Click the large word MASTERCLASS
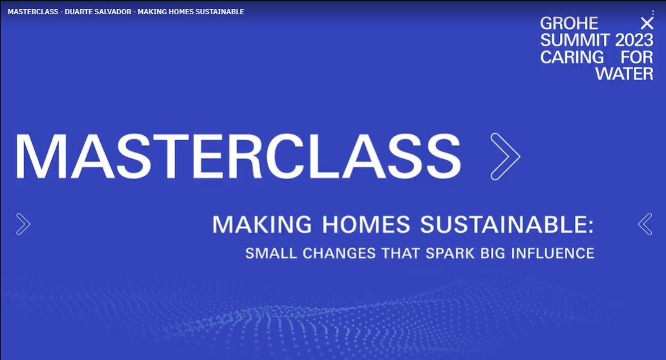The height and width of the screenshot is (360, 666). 238,156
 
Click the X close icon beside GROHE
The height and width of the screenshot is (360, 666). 647,23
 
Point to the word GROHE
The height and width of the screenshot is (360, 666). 569,23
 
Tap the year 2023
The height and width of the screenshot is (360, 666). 634,40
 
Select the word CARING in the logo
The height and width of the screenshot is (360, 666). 572,57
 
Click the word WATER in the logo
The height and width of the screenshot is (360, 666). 625,74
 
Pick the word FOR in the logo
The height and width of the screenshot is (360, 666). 637,57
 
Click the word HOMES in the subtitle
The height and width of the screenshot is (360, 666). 366,224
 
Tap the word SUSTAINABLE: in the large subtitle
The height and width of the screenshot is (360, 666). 507,224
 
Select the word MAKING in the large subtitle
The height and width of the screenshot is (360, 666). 262,224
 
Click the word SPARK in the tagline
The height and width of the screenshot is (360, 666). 450,253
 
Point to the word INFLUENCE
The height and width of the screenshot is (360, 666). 553,253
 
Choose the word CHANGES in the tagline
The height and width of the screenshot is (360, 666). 339,253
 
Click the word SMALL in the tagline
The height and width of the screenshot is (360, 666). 270,253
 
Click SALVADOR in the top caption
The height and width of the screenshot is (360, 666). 113,12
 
